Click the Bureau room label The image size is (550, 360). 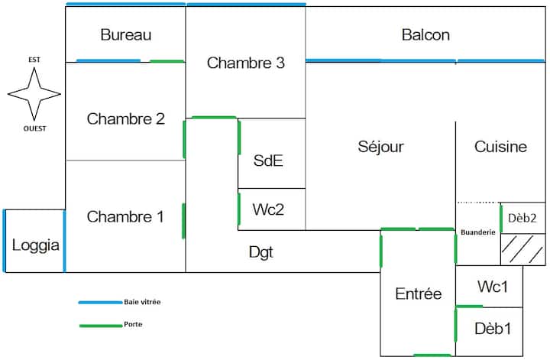126,35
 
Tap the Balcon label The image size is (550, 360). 425,35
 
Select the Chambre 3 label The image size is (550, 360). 245,63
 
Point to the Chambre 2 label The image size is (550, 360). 125,119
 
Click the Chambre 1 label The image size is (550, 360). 125,217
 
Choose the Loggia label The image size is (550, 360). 35,246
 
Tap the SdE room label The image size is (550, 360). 270,161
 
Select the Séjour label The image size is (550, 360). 380,147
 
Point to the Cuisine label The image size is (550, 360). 500,147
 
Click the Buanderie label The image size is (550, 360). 477,232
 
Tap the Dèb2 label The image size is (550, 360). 522,217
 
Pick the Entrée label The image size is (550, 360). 418,294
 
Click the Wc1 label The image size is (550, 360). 493,287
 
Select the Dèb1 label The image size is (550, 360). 493,329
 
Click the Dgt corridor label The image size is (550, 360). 261,251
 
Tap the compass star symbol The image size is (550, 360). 34,93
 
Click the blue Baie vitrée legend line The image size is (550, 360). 99,303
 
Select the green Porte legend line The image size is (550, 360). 99,326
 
